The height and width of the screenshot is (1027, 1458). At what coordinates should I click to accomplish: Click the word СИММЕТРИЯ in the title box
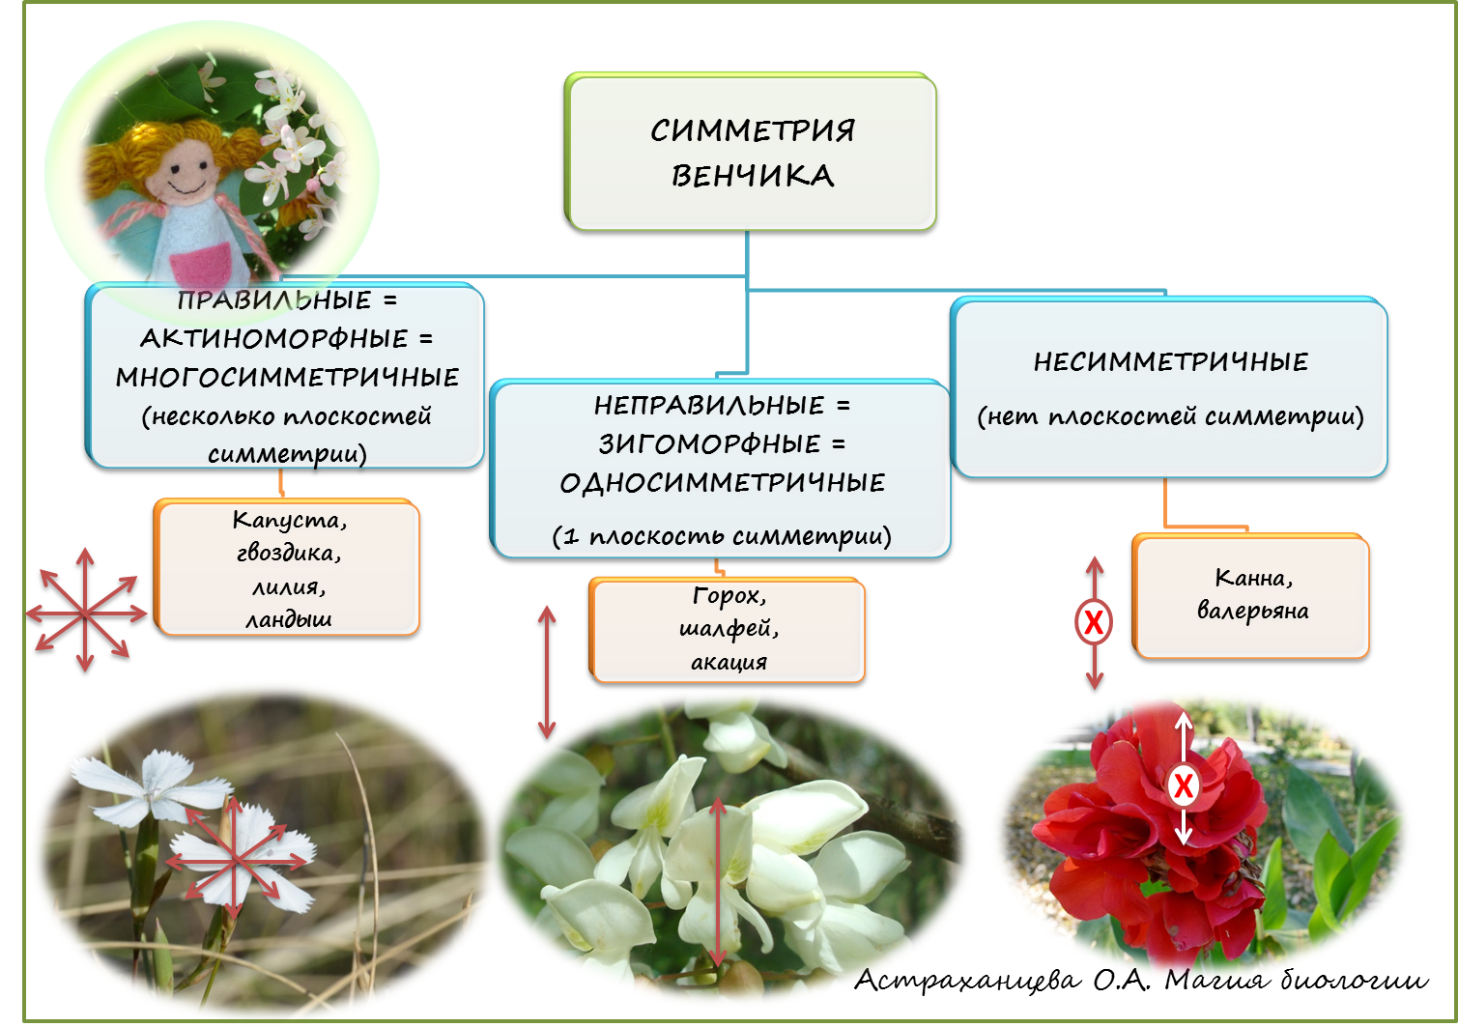[x=752, y=130]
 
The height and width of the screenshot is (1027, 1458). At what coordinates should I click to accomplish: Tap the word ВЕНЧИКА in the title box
[x=753, y=176]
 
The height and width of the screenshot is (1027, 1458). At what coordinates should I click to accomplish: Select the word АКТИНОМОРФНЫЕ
[x=274, y=339]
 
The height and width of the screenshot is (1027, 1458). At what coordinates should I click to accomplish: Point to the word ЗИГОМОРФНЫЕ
[x=709, y=444]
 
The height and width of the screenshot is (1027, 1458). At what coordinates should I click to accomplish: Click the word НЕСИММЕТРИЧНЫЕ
[x=1170, y=362]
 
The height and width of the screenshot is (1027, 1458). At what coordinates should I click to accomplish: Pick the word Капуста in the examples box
[x=286, y=520]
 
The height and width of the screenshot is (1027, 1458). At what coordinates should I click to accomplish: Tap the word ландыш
[x=288, y=619]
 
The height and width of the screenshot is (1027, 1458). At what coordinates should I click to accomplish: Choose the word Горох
[x=728, y=596]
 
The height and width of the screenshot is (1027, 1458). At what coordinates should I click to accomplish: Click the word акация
[x=729, y=662]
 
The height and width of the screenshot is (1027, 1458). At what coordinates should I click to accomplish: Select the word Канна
[x=1251, y=578]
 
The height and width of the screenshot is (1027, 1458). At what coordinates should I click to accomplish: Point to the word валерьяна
[x=1252, y=611]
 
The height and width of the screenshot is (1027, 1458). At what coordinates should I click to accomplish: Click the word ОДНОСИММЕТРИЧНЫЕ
[x=722, y=483]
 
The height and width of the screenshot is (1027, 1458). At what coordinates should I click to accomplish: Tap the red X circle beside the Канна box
[x=1094, y=622]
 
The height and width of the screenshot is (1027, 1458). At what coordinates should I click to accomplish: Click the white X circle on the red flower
[x=1183, y=785]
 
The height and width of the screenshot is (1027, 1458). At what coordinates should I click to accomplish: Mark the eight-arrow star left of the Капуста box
[x=85, y=612]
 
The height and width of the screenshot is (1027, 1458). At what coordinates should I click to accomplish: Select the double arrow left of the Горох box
[x=547, y=671]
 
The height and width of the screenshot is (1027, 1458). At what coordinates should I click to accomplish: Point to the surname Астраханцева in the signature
[x=967, y=980]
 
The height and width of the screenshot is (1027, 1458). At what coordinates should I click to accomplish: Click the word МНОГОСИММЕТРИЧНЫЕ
[x=287, y=378]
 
